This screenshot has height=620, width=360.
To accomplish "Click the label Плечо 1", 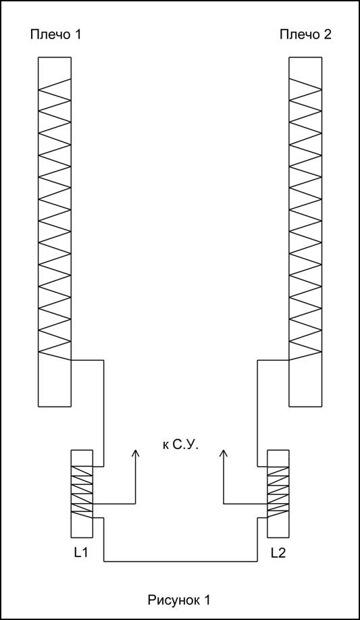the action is pos(55,35).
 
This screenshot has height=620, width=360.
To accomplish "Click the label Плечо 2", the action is pos(305,35).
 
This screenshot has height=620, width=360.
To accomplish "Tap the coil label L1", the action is pos(80,553).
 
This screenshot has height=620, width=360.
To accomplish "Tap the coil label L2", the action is pos(278,553).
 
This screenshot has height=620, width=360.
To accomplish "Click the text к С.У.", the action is pos(180,445).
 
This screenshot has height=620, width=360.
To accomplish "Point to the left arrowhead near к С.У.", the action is pos(136,453).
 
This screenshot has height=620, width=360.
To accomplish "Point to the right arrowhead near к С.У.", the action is pos(224,453).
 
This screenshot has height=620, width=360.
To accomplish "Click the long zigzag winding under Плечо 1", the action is pos(55,219).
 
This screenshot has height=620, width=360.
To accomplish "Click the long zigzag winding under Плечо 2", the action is pos(305,219).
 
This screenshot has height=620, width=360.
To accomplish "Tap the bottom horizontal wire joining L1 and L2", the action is pos(181,561).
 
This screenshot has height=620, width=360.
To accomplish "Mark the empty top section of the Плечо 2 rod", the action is pos(305,68).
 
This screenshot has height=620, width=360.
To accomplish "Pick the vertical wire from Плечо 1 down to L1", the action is pos(103,413).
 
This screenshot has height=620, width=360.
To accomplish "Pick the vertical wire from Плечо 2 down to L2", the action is pos(258,413).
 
